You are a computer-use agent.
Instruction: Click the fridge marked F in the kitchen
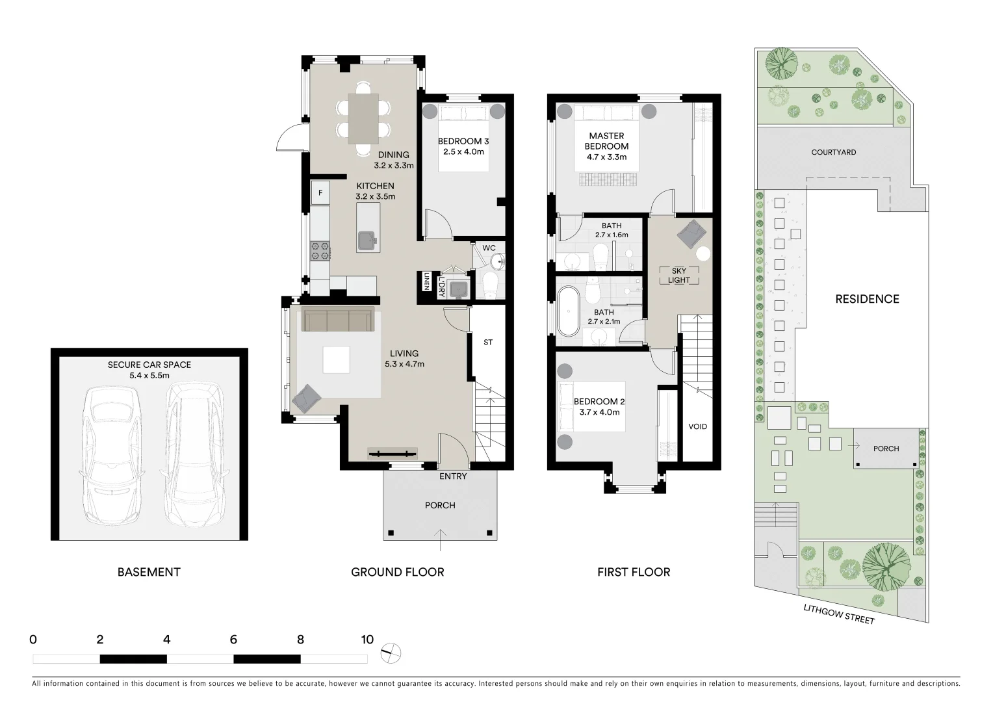320,193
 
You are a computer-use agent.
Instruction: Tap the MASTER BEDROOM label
606,141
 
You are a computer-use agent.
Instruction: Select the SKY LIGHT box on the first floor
679,276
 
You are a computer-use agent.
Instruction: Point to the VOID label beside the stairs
697,426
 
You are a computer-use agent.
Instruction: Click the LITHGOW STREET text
838,614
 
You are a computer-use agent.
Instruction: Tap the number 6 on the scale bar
233,640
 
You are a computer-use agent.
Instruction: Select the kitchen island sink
368,240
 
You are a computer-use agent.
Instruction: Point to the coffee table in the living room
336,359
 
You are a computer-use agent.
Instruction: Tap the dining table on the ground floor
363,118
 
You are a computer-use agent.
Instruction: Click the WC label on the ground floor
489,248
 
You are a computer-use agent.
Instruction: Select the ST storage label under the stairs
488,342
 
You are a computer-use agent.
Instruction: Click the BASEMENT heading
149,572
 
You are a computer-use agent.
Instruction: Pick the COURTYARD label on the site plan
833,152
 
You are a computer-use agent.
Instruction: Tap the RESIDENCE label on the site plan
867,299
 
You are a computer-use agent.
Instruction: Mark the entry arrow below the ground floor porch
441,534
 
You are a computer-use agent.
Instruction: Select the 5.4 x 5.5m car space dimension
149,376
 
